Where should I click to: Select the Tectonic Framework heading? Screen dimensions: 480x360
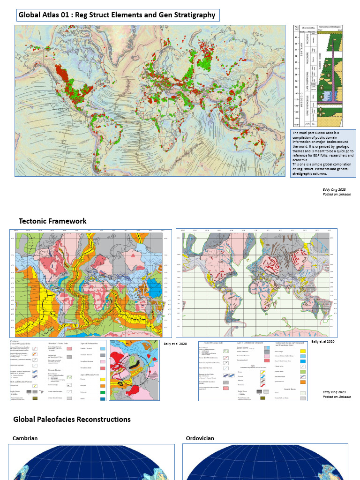point(52,221)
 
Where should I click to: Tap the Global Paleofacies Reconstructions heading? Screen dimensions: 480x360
point(72,419)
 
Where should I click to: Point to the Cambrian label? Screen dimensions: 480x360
point(25,438)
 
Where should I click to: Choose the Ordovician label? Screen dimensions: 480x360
point(200,438)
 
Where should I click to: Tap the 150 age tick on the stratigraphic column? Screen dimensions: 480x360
point(296,125)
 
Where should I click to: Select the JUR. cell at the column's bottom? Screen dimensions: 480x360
point(307,124)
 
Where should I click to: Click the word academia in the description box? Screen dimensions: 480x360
point(300,160)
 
